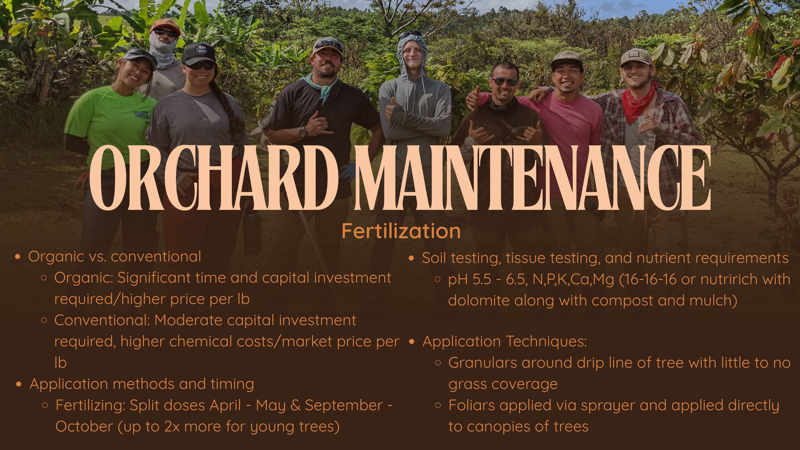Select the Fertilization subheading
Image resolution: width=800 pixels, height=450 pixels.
coord(401,231)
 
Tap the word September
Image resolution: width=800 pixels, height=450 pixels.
coord(344,405)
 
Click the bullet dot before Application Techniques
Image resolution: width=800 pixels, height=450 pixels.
coord(412,342)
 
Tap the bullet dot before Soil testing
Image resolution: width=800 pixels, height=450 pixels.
coord(412,258)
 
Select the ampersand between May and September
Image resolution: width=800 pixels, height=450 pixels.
coord(295,405)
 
